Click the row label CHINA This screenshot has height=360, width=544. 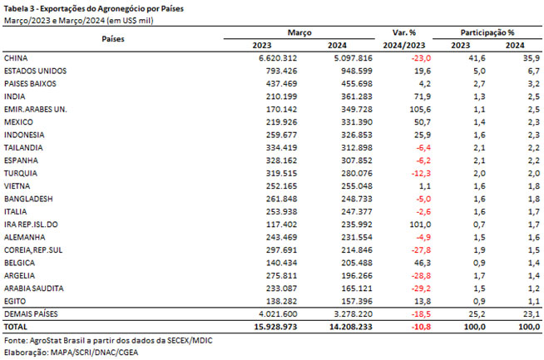pyautogui.click(x=16, y=58)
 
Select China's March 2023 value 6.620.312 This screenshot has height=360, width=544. pyautogui.click(x=278, y=58)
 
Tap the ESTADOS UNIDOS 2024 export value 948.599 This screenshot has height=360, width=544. pyautogui.click(x=356, y=71)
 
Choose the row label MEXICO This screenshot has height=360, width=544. pyautogui.click(x=18, y=122)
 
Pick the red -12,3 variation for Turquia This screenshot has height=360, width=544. pyautogui.click(x=421, y=173)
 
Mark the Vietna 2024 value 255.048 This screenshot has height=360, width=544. pyautogui.click(x=356, y=186)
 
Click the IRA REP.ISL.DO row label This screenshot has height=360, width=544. pyautogui.click(x=31, y=224)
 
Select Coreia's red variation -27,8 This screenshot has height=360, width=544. pyautogui.click(x=421, y=250)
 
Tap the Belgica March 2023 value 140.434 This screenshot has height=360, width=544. pyautogui.click(x=281, y=263)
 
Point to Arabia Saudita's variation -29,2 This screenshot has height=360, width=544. pyautogui.click(x=421, y=288)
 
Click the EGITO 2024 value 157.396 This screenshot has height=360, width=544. pyautogui.click(x=356, y=302)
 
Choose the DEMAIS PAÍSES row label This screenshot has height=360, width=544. pyautogui.click(x=31, y=314)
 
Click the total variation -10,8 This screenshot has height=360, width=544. pyautogui.click(x=421, y=327)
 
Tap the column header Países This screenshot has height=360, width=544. pyautogui.click(x=113, y=39)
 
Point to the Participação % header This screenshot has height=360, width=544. pyautogui.click(x=487, y=32)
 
